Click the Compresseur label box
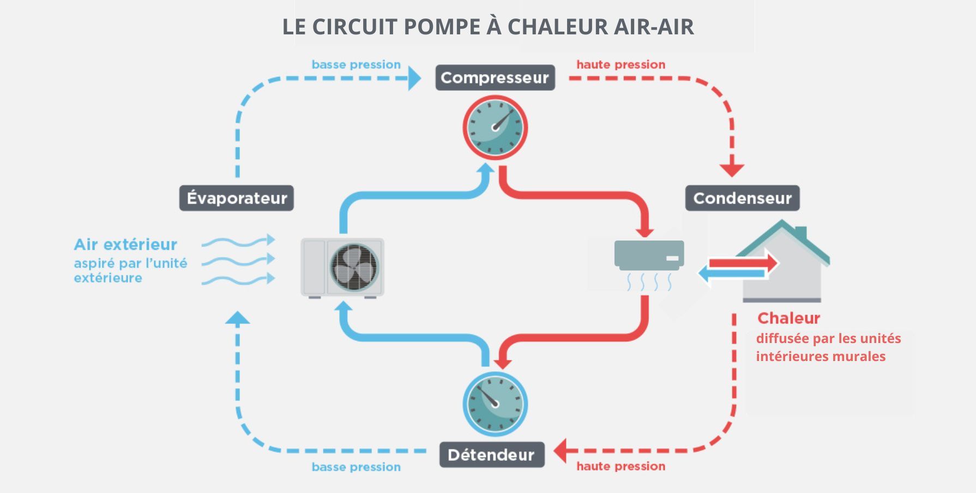click(x=495, y=77)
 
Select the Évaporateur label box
click(x=237, y=198)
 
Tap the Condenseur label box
click(x=742, y=198)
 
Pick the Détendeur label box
click(x=491, y=455)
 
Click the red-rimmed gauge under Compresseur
click(x=495, y=128)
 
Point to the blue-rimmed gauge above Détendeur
click(x=495, y=404)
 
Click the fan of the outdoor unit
click(x=354, y=267)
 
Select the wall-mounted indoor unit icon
click(x=649, y=255)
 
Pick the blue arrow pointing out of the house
click(x=731, y=273)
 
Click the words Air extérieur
click(x=125, y=244)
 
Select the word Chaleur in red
click(x=788, y=318)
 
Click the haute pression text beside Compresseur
click(x=620, y=64)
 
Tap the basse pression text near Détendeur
click(x=356, y=467)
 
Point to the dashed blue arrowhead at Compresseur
click(x=414, y=79)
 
